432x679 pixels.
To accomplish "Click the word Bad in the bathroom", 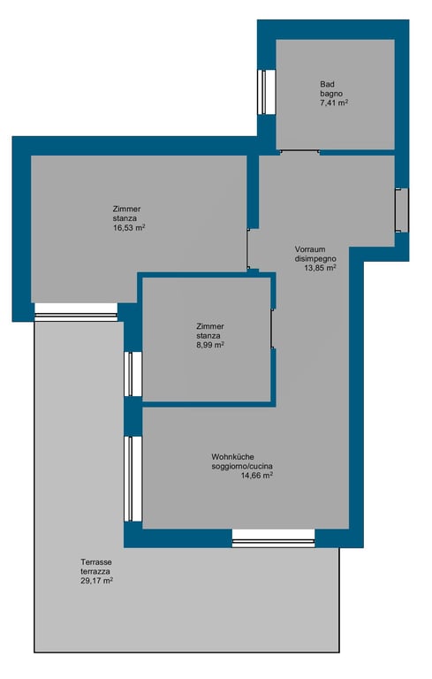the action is [x=327, y=84].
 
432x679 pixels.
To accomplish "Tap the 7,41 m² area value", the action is [x=334, y=103].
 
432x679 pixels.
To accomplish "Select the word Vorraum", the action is [x=310, y=249].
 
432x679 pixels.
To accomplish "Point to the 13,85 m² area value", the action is [x=321, y=268].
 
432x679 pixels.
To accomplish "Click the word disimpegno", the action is [x=315, y=259].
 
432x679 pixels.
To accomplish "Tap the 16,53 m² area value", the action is [x=129, y=228].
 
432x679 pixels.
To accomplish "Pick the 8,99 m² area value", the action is [x=210, y=345].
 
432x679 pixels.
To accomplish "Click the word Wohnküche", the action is [x=233, y=457].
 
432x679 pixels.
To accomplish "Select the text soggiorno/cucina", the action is [x=242, y=467].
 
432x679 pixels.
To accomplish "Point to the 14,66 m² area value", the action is [x=257, y=476].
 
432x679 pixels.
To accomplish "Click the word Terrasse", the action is [x=96, y=562].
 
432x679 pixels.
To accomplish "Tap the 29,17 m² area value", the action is [x=96, y=581].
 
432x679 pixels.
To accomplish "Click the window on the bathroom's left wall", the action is [x=267, y=92].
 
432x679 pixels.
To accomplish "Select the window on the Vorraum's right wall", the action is [x=402, y=210].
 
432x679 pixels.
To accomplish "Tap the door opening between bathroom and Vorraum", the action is [x=299, y=151].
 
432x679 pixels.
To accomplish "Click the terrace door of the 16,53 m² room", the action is [x=76, y=312].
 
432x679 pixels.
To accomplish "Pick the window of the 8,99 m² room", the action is [x=133, y=374].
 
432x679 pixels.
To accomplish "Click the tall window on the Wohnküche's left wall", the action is [x=133, y=479].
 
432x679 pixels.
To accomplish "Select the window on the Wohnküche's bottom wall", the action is [x=274, y=538].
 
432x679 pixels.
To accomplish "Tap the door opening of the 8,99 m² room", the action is [x=273, y=329].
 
